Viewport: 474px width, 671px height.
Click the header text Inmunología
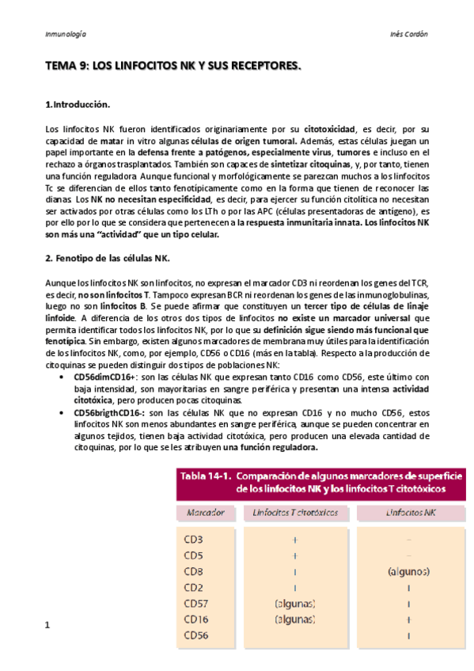tap(66, 35)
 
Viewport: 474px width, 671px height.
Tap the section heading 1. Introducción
tap(78, 104)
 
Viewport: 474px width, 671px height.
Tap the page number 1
tap(48, 626)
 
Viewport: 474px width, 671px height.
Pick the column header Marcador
tap(205, 512)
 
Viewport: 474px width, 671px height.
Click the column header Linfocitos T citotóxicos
tap(295, 512)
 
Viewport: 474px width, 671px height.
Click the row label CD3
tap(194, 539)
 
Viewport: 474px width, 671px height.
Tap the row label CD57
tap(197, 604)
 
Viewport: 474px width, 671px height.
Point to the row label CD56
tap(197, 635)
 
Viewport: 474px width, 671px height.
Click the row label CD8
tap(194, 571)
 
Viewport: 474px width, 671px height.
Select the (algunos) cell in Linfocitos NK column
tap(408, 571)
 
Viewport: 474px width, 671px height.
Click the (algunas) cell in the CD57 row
tap(294, 604)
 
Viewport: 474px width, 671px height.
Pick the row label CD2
tap(194, 587)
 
